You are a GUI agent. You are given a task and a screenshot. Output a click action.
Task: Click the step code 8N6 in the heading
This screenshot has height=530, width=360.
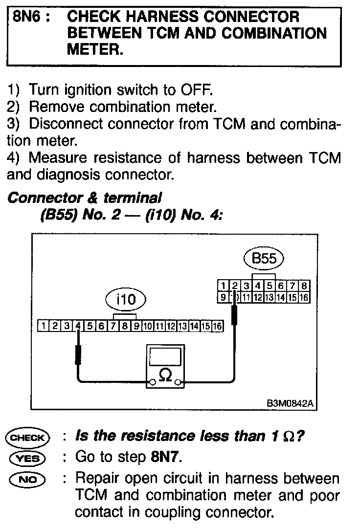click(x=28, y=17)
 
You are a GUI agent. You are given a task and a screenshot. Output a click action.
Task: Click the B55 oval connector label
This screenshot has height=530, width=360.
click(x=265, y=259)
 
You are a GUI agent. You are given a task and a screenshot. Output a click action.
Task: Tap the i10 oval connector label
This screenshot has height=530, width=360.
click(x=126, y=299)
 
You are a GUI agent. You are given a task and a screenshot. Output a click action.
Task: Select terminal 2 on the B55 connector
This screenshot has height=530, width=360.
click(x=235, y=286)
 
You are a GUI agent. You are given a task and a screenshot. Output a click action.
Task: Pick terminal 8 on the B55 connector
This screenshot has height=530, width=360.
click(x=304, y=286)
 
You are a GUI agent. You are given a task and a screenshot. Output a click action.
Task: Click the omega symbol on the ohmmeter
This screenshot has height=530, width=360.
click(x=166, y=375)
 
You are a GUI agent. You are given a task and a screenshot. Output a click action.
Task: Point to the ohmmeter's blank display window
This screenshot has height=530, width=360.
click(x=166, y=355)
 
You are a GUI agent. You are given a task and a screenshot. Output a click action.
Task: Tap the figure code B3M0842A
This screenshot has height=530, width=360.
click(x=290, y=404)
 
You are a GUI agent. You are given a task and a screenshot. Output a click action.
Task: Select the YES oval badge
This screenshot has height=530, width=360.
click(x=27, y=458)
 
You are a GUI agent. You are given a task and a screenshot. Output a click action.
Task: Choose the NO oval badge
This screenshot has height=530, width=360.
click(x=27, y=479)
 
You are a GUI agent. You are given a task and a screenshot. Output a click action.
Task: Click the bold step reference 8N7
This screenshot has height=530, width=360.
click(x=163, y=458)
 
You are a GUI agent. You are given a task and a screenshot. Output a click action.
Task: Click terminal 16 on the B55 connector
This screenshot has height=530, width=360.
click(x=304, y=296)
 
